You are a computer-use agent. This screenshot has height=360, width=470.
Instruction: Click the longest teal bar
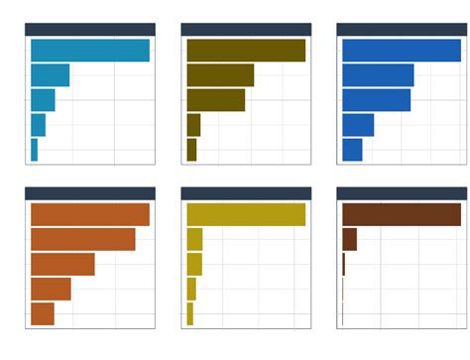[x=89, y=51]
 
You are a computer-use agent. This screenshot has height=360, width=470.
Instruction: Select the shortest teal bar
[x=34, y=150]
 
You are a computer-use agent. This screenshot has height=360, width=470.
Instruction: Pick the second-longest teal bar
[x=50, y=75]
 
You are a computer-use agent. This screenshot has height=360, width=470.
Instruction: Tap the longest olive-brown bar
[x=246, y=51]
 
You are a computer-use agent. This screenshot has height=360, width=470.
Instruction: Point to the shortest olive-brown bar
[x=191, y=150]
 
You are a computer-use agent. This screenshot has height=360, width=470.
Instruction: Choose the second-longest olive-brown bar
[x=220, y=75]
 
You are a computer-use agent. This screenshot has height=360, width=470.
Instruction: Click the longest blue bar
[x=402, y=51]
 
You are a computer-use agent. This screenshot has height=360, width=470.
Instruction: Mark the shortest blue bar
[x=352, y=150]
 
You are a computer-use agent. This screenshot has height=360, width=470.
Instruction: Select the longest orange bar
[x=89, y=214]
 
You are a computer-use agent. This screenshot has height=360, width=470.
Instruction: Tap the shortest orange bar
[x=43, y=313]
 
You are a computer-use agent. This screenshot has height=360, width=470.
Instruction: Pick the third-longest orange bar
[x=62, y=264]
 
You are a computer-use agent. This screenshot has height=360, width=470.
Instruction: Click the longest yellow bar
[x=246, y=214]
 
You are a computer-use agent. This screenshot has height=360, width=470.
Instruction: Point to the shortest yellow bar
[x=189, y=313]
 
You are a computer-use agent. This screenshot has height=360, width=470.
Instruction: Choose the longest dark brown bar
[x=402, y=214]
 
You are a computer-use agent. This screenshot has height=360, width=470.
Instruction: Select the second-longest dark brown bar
[x=349, y=239]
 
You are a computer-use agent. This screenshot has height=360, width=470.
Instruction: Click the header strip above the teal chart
[x=89, y=30]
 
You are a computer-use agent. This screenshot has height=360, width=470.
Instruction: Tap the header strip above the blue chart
[x=402, y=30]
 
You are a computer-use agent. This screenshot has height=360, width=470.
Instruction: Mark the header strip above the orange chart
[x=89, y=193]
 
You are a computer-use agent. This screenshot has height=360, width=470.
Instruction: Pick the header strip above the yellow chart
[x=246, y=193]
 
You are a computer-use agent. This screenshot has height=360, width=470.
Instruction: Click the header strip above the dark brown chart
[x=402, y=193]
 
